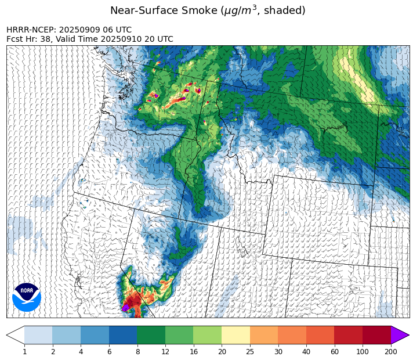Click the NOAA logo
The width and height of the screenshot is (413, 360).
coord(27,297)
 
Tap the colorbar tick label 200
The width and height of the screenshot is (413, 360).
coord(391,351)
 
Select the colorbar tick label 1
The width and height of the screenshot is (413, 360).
coord(24,351)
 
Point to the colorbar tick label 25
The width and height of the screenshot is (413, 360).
coord(250,351)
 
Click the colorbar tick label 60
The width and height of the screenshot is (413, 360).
coord(335,351)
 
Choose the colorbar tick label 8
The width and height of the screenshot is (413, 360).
coord(137,351)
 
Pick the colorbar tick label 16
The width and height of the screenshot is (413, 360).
coord(193,351)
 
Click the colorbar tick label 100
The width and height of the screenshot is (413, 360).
coord(363,351)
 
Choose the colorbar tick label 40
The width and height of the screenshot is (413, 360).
coord(306,351)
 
